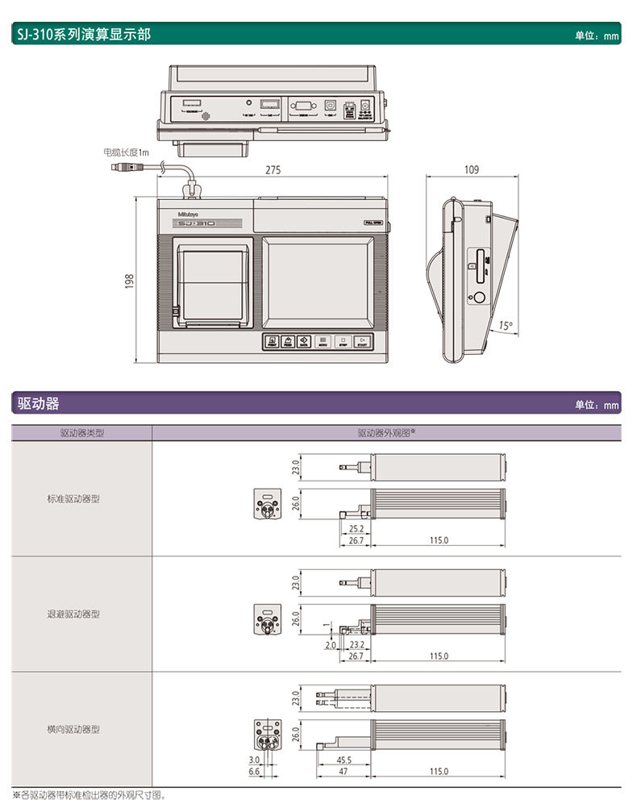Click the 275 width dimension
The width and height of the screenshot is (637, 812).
[273, 170]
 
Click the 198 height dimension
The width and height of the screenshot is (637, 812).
[129, 280]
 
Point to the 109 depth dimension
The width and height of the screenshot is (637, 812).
[472, 169]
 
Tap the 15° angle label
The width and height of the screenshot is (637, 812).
[506, 326]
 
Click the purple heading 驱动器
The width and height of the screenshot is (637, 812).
[39, 403]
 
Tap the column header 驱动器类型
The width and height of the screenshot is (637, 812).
[81, 433]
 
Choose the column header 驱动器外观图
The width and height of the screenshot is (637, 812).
[386, 433]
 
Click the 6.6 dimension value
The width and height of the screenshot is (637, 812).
[254, 772]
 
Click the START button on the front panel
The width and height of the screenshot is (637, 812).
[363, 342]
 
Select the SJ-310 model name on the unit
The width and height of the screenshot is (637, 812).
[196, 223]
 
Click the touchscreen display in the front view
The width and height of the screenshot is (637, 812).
[319, 281]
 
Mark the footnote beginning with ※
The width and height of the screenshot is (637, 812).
[89, 796]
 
